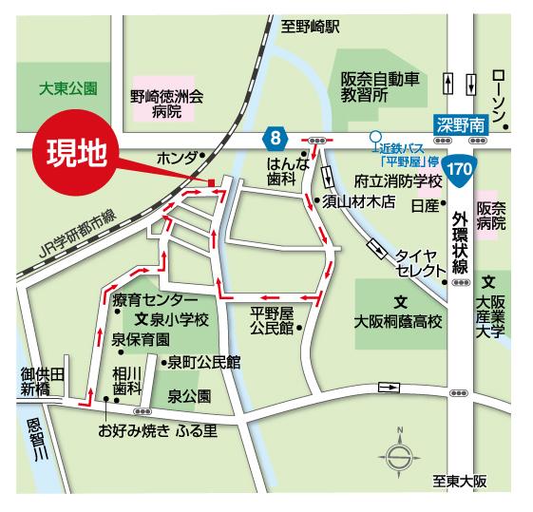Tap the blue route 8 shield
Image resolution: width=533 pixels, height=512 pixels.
[x=274, y=140]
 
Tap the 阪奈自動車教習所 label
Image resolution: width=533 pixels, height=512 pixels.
[x=379, y=87]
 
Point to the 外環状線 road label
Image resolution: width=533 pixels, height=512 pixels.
[x=459, y=239]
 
